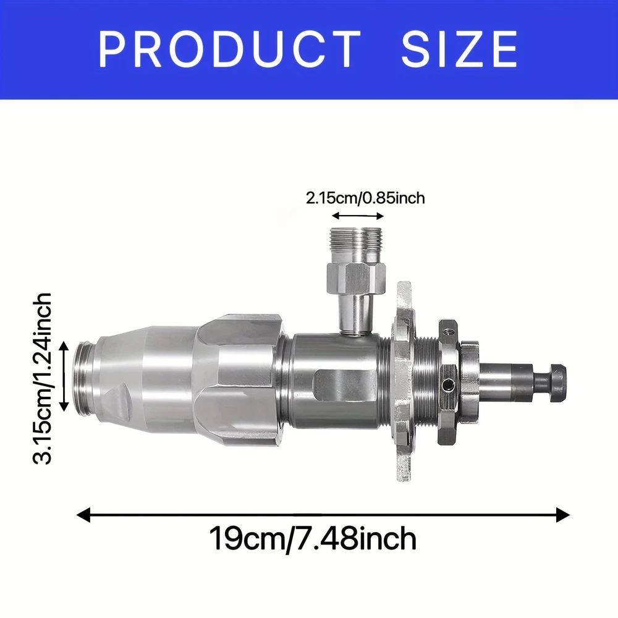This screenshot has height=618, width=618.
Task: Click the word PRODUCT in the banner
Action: [x=229, y=49]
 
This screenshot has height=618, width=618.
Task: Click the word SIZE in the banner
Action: [x=459, y=49]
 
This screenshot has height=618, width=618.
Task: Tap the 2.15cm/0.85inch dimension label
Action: [x=365, y=198]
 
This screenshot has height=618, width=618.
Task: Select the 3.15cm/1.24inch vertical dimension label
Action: [x=43, y=378]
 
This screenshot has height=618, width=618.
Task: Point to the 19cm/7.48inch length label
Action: [x=312, y=538]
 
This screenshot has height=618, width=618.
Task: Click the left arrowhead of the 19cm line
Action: [x=83, y=515]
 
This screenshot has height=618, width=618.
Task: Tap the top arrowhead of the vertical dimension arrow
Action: [x=65, y=346]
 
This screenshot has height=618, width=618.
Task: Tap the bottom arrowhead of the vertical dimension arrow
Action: [x=65, y=407]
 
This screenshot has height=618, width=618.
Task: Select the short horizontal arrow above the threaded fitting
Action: [x=358, y=216]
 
